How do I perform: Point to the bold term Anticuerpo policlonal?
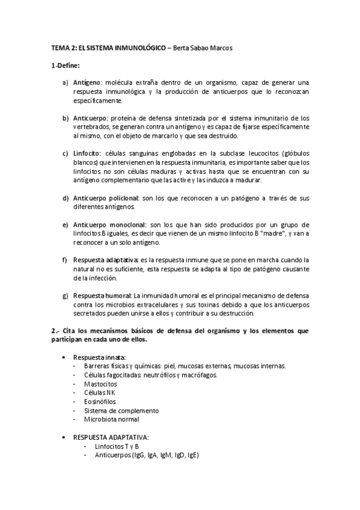point(106,197)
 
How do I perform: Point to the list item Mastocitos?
point(100,384)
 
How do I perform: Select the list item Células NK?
point(100,393)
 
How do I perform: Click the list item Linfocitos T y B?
point(117,446)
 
